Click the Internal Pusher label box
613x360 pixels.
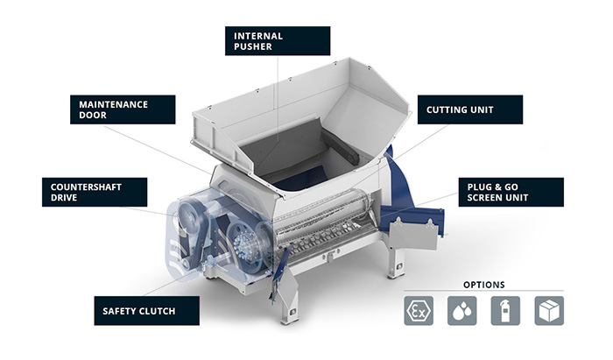(x=278, y=41)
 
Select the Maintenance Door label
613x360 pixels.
(x=123, y=109)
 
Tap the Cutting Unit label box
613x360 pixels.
(x=470, y=109)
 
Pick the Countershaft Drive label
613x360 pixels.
(x=95, y=193)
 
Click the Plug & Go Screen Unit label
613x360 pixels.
(x=511, y=193)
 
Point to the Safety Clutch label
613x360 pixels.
(x=146, y=311)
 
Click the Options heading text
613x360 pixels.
(x=484, y=285)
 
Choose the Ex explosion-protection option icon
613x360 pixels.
(x=419, y=311)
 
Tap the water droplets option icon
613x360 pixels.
(x=462, y=311)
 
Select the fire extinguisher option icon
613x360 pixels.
(x=505, y=311)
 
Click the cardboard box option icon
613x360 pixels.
(x=549, y=311)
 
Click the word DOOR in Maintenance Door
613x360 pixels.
(x=93, y=115)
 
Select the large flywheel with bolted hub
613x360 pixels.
(x=245, y=246)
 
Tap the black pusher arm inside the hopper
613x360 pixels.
(x=340, y=145)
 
